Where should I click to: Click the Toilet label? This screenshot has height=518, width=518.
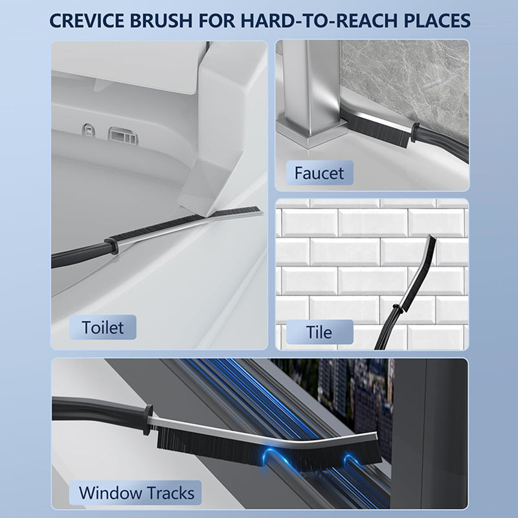[103, 327]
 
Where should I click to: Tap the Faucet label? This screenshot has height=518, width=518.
[320, 173]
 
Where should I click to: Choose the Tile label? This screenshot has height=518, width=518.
[320, 332]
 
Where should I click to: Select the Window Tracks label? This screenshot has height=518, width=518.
[136, 492]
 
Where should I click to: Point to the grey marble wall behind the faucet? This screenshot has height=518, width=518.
[401, 71]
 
